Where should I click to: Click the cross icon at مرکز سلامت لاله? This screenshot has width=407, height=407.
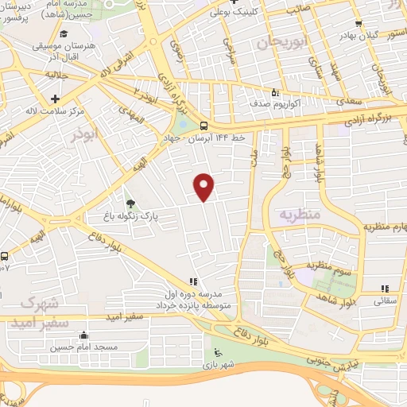click(54, 99)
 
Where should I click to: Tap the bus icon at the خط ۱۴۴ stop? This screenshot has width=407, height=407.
click(204, 125)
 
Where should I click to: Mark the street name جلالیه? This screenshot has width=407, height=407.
click(52, 74)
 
